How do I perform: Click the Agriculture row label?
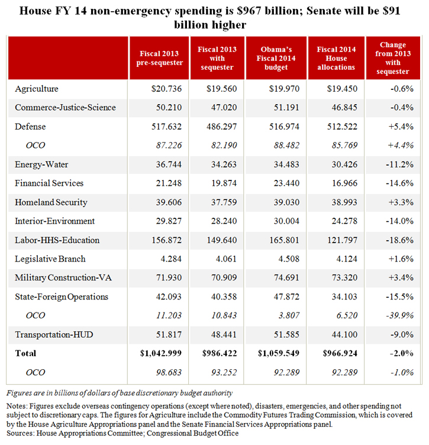pos(37,89)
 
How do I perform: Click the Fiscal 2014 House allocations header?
pos(336,58)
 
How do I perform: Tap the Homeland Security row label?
pos(51,202)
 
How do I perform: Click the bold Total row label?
pos(26,354)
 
